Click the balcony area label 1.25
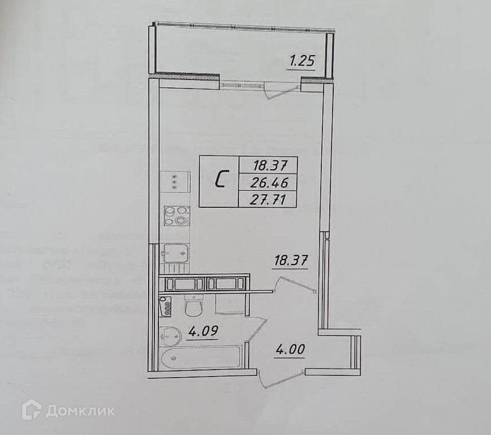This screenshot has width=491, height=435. (301, 61)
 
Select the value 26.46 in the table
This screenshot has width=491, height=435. (271, 182)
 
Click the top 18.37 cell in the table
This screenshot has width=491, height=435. (267, 165)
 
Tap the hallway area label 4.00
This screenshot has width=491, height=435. (289, 349)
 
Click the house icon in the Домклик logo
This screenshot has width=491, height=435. (32, 409)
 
